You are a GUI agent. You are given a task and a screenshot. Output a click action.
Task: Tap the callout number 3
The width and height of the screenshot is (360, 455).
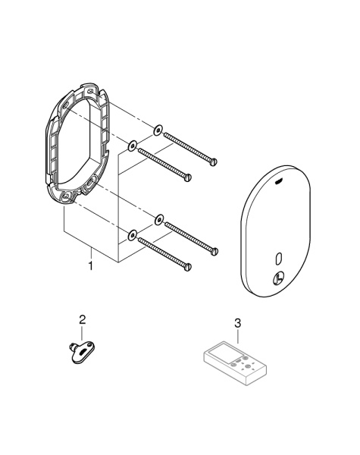coord(238,323)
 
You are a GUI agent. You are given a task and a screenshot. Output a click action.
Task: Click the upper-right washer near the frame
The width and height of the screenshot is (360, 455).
coord(156,130)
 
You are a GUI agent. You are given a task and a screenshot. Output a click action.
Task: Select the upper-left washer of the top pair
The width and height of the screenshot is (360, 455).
coord(132,144)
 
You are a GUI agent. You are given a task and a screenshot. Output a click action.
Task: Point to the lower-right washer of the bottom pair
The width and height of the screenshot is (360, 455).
coord(158,220)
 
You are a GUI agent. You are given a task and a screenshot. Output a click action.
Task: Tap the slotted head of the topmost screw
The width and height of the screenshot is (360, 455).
coord(214,161)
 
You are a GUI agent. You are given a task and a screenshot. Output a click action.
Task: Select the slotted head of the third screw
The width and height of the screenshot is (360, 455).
coord(215,250)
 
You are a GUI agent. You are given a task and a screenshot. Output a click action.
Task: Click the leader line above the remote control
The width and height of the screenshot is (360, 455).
coord(238,338)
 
